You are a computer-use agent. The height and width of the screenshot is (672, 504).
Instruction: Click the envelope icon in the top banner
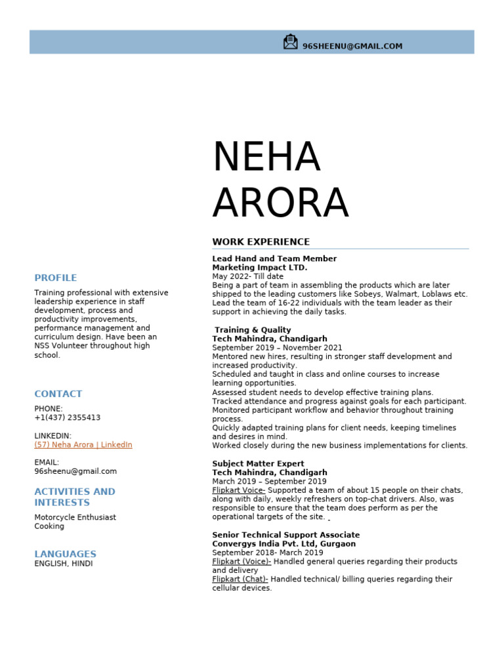coord(290,42)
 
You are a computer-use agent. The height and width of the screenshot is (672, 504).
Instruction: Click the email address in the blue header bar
coord(352,47)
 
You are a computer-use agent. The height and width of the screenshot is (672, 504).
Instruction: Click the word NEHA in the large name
coord(266,157)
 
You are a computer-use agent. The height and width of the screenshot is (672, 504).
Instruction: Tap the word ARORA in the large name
coord(280,203)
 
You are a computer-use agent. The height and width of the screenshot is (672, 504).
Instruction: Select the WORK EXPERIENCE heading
coord(261,242)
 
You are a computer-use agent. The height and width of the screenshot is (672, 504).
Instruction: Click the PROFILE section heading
coord(56,278)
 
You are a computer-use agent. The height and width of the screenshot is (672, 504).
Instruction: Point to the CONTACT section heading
coord(58,394)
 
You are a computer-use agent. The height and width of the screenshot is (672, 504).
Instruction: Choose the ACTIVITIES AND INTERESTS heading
coord(74,497)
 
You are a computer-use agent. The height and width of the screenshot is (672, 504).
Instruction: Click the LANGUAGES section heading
coord(65,554)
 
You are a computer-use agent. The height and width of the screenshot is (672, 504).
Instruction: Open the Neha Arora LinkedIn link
coord(83,445)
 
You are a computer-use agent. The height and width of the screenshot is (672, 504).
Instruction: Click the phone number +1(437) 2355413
coord(68,417)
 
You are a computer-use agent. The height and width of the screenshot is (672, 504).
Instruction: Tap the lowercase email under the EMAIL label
coord(75,471)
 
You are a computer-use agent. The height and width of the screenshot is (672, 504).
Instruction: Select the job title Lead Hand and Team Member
coord(274,259)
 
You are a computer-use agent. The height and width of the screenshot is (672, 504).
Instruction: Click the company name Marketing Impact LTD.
coord(260,268)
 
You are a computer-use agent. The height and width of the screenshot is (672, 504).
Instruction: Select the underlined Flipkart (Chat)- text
coord(240,579)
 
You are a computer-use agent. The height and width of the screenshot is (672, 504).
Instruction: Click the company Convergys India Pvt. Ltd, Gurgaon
coord(283,544)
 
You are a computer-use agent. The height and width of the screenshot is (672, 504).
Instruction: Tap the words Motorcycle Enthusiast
coord(75,517)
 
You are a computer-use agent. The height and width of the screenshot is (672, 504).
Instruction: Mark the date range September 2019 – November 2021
coord(277,348)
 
